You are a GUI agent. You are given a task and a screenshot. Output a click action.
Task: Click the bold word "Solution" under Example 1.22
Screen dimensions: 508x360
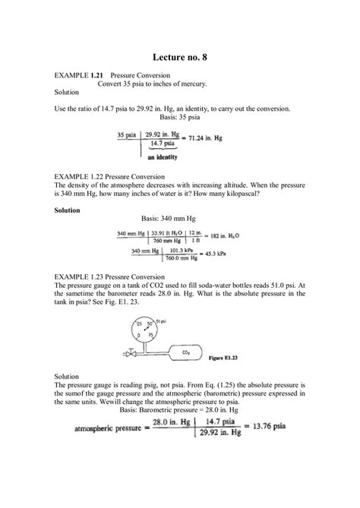pyautogui.click(x=68, y=210)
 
